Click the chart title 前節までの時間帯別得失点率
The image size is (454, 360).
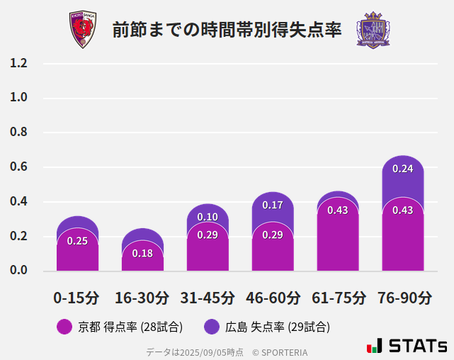[227, 30]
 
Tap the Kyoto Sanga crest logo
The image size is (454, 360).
[82, 29]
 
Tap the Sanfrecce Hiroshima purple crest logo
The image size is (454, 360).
[373, 30]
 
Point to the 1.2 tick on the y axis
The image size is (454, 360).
[18, 63]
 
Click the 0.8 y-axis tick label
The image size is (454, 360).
[18, 133]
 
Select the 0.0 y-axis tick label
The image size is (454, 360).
[18, 271]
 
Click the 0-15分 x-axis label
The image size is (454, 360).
[77, 298]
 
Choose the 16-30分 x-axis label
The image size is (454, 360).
[142, 298]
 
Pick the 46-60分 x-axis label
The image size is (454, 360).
[273, 298]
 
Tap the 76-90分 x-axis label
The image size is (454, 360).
[403, 298]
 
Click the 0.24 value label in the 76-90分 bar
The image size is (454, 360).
[403, 169]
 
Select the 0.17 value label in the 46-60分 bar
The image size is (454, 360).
[273, 205]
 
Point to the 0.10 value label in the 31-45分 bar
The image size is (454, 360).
[208, 217]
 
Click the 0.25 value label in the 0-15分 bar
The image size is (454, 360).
[77, 241]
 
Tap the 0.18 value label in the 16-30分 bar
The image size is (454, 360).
[142, 253]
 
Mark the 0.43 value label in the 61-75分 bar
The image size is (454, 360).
[338, 210]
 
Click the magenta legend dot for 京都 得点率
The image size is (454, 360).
[64, 327]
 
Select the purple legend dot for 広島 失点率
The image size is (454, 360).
[211, 327]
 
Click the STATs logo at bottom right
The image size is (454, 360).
[407, 346]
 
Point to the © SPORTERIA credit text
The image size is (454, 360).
[280, 352]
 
